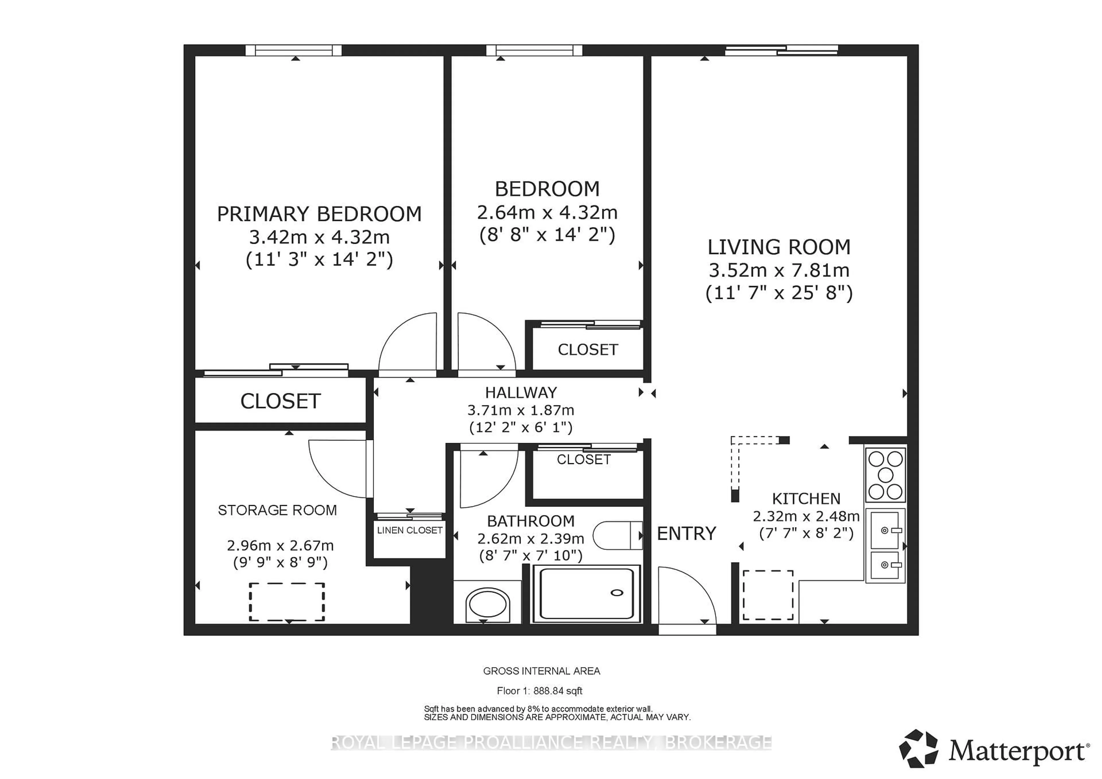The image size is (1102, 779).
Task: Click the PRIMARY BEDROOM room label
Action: coord(319,214)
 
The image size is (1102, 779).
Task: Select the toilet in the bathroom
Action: coord(617,535)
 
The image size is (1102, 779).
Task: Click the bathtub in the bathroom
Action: coord(586,594)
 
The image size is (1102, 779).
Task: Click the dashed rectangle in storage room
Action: coord(286,601)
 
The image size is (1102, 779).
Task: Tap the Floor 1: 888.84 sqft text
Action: coord(540,691)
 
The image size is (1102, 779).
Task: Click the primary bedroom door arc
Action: coord(407,342)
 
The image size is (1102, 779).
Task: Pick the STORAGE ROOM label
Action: coord(278,510)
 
